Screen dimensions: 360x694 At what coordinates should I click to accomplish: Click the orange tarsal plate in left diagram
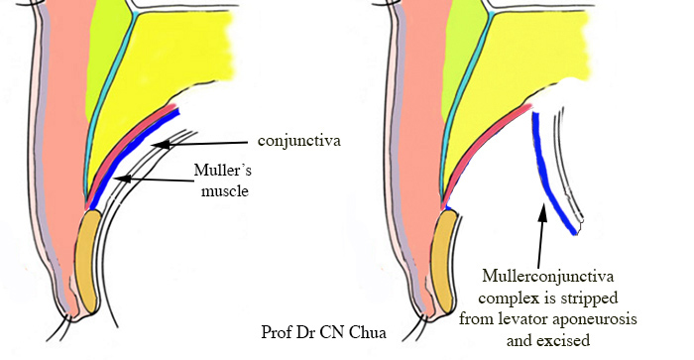(91, 263)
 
